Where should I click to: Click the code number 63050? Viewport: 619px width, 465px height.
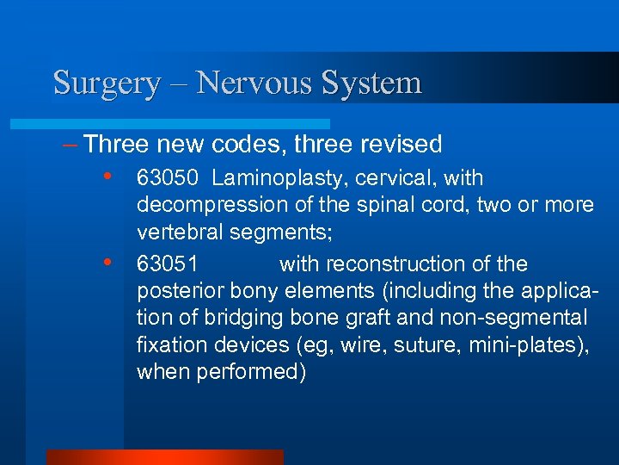pos(169,179)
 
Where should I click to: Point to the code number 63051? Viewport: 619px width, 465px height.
pos(169,263)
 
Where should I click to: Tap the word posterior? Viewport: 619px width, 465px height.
pos(177,291)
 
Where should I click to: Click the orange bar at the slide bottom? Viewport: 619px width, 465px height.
pos(164,457)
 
